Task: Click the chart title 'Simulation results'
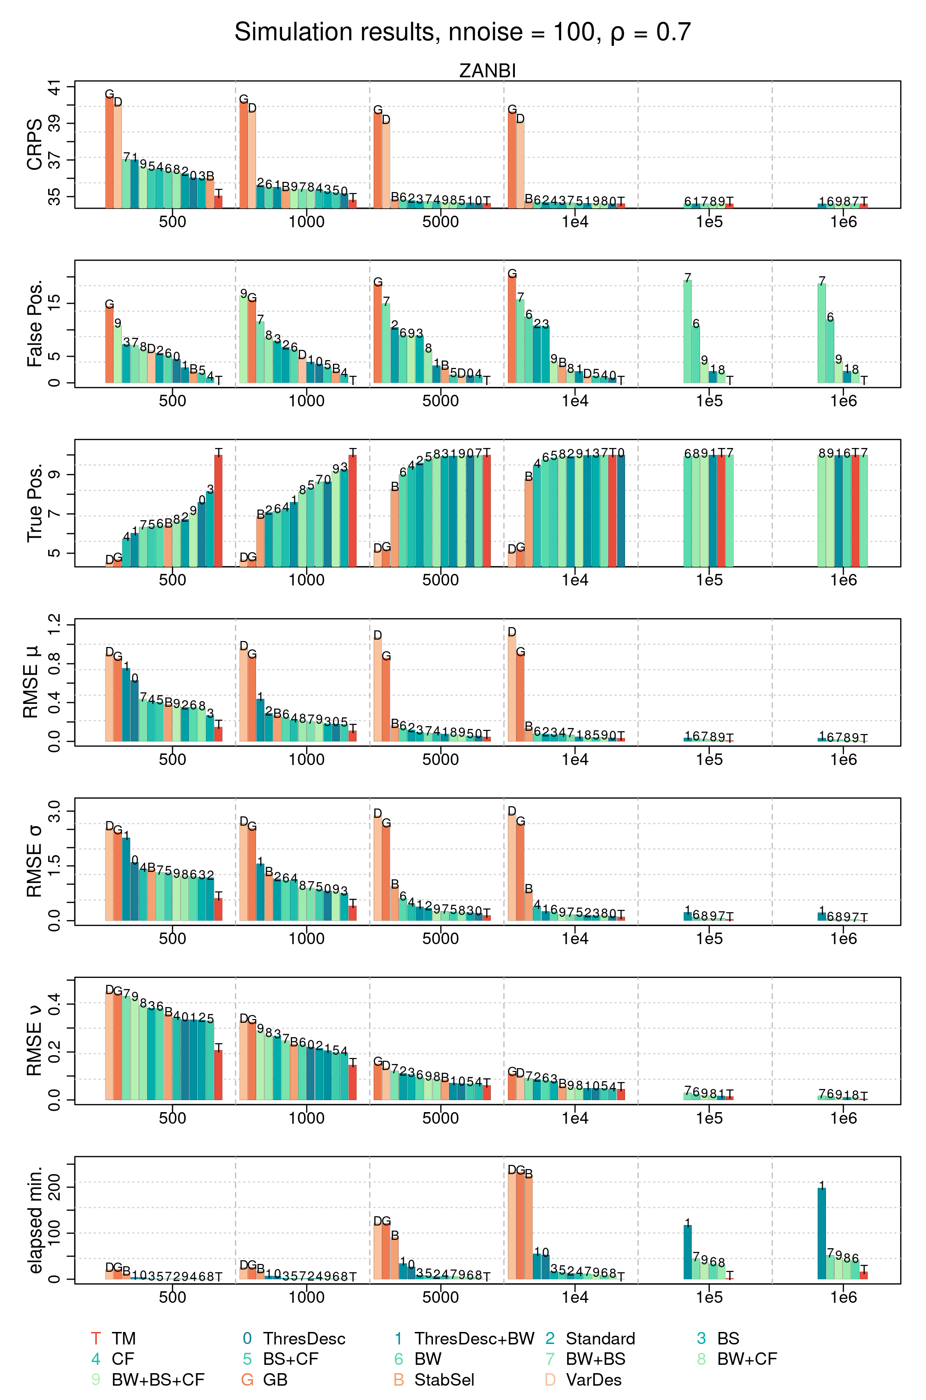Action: (x=337, y=32)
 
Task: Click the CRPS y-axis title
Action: (x=34, y=144)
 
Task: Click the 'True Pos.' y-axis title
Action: (x=34, y=503)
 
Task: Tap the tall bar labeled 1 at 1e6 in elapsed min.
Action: (x=821, y=1233)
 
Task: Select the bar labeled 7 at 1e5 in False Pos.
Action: (x=688, y=330)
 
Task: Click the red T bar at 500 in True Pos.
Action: (x=219, y=510)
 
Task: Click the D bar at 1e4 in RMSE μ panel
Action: (x=512, y=688)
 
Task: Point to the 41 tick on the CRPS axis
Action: (x=54, y=87)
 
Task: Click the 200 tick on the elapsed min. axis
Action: (x=54, y=1187)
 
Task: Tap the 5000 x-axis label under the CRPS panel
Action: (x=441, y=222)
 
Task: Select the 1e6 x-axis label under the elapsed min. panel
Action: (x=843, y=1297)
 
